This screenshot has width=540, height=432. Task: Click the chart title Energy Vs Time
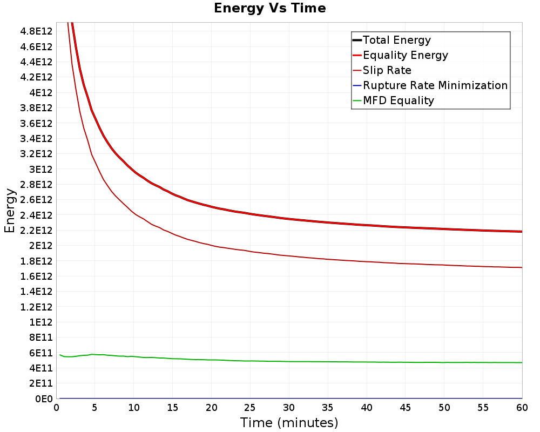[269, 8]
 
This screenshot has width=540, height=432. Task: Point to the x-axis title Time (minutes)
[289, 423]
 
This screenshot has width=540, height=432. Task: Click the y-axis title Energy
[10, 211]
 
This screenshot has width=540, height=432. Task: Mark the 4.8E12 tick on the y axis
[36, 31]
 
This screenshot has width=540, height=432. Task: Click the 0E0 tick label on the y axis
[44, 399]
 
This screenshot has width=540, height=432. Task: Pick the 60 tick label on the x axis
[522, 408]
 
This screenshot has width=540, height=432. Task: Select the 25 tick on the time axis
[250, 408]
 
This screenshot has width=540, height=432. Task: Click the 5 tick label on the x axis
[94, 408]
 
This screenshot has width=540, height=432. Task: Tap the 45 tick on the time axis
[406, 408]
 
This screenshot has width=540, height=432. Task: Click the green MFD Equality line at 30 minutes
[289, 361]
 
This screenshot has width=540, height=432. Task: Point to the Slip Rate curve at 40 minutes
[367, 262]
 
